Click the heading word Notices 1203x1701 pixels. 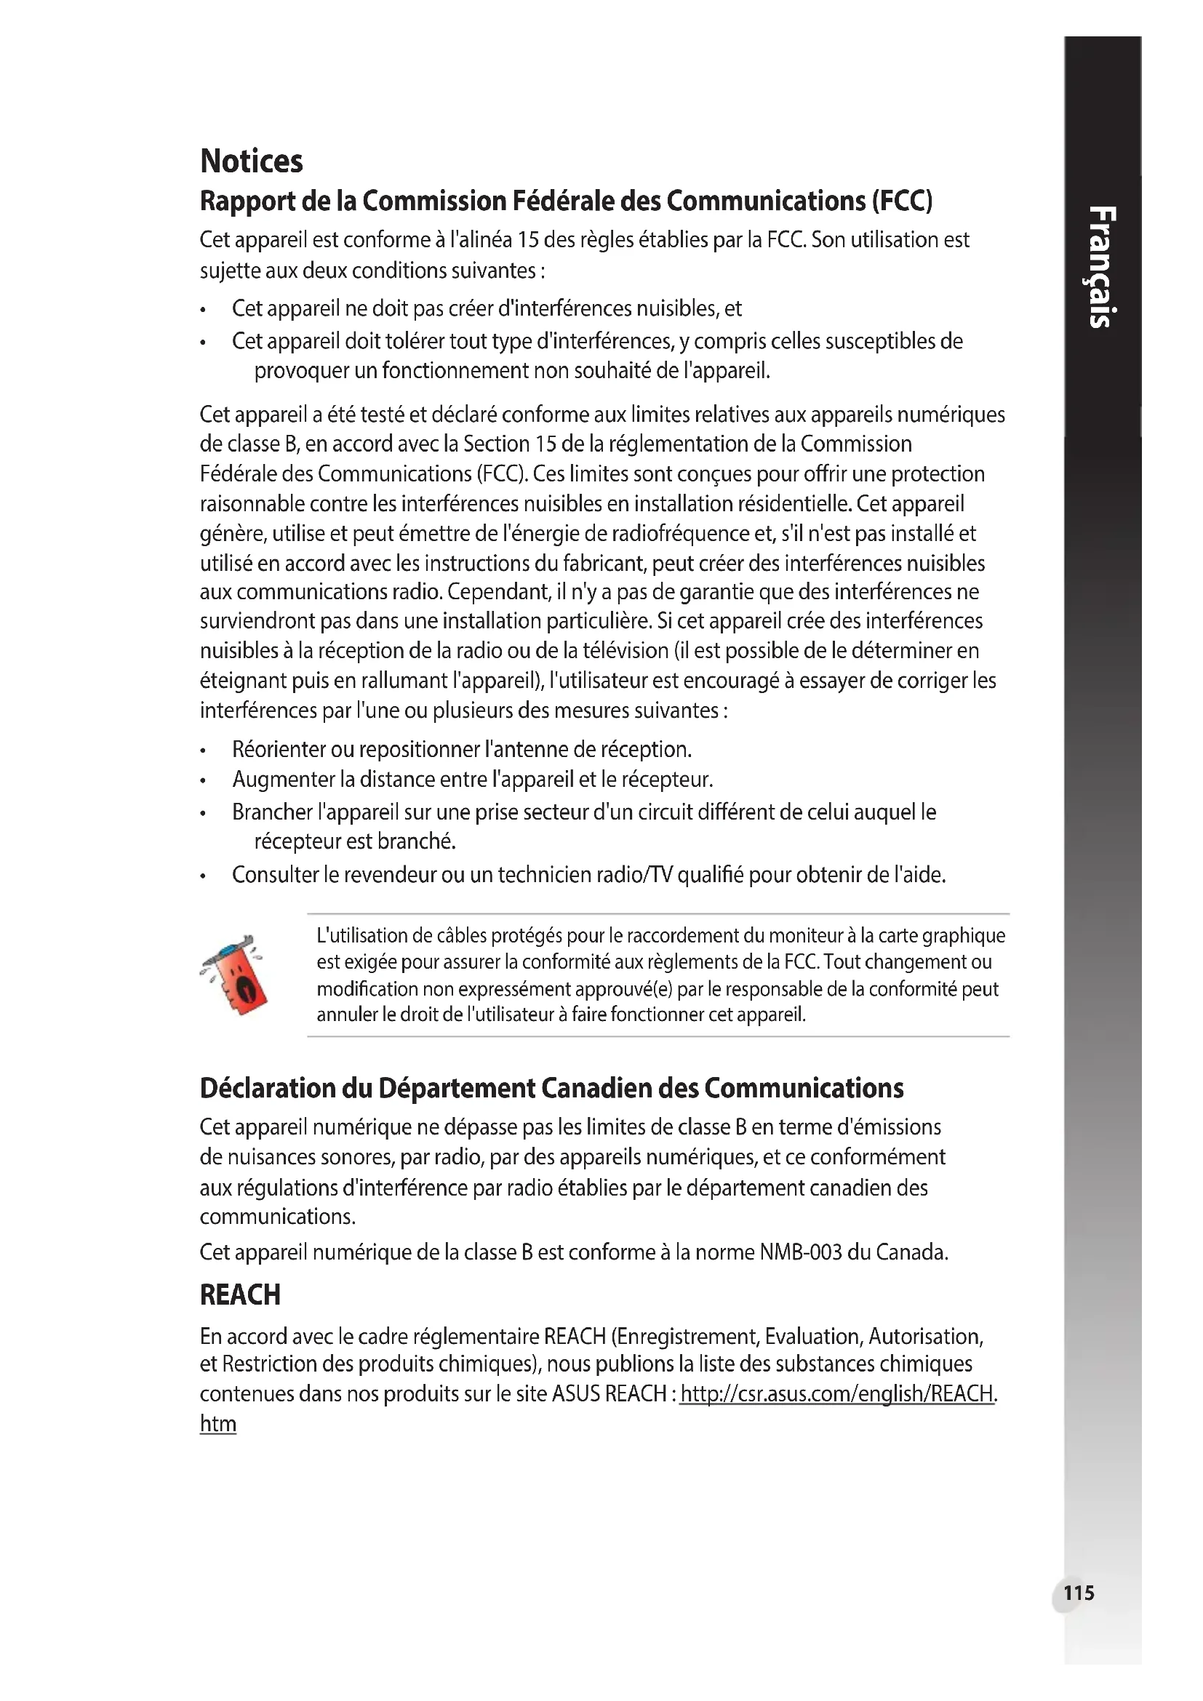click(x=251, y=161)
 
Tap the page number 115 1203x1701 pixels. click(x=1078, y=1592)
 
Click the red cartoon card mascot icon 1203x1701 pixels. click(x=236, y=974)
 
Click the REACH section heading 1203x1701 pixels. click(x=240, y=1294)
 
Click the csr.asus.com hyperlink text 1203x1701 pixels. click(x=837, y=1393)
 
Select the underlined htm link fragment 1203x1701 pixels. click(x=217, y=1423)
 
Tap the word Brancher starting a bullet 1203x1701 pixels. click(x=272, y=812)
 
